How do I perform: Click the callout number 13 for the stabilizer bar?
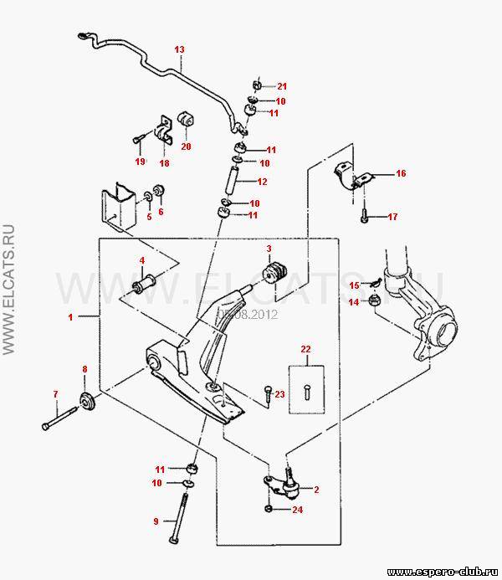point(178,49)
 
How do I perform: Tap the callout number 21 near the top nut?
point(282,86)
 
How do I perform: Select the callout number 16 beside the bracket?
point(401,173)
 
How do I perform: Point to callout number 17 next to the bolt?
point(392,217)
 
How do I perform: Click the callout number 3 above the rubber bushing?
point(269,249)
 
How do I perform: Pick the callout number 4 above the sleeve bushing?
point(142,259)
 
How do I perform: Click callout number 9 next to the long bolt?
point(155,521)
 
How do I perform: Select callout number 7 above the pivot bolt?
point(55,393)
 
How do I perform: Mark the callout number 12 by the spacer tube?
point(262,182)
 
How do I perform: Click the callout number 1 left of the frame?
point(71,317)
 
